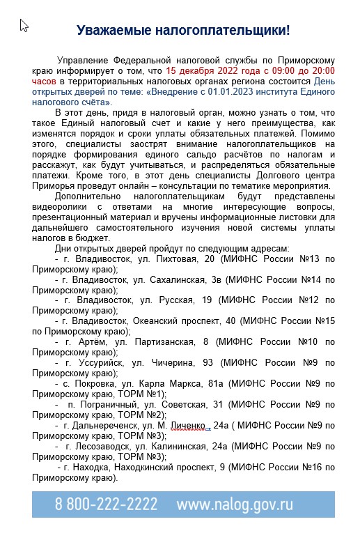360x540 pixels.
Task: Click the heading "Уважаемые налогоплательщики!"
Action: click(183, 31)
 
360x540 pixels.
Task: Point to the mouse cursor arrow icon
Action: click(24, 26)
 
